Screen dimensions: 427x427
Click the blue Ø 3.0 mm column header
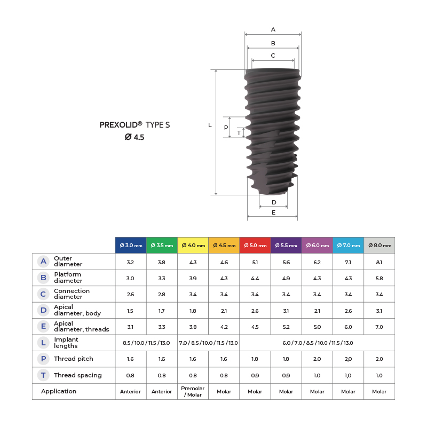pyautogui.click(x=131, y=246)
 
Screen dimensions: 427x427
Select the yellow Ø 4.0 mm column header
pyautogui.click(x=193, y=246)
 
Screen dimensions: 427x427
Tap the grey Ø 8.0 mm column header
pyautogui.click(x=379, y=246)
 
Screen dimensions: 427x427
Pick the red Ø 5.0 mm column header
pyautogui.click(x=255, y=246)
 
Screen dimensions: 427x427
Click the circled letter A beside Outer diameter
pyautogui.click(x=43, y=262)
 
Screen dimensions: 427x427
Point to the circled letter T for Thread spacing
pyautogui.click(x=43, y=375)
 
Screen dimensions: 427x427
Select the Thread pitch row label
pyautogui.click(x=74, y=359)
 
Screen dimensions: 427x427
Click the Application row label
pyautogui.click(x=59, y=391)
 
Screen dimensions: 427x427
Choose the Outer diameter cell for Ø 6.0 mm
pyautogui.click(x=317, y=262)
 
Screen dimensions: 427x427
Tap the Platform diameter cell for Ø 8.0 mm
pyautogui.click(x=379, y=278)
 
